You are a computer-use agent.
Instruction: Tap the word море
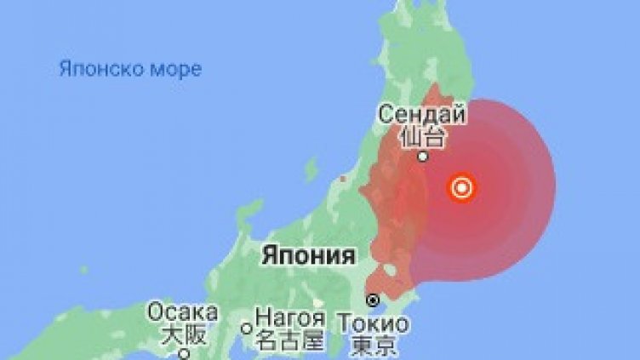pyautogui.click(x=174, y=69)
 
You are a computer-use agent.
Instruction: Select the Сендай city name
pyautogui.click(x=422, y=113)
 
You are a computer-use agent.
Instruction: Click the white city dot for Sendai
pyautogui.click(x=422, y=156)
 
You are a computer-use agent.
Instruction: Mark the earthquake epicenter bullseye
pyautogui.click(x=462, y=188)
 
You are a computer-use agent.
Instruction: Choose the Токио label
pyautogui.click(x=373, y=324)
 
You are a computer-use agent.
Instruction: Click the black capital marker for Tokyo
pyautogui.click(x=373, y=300)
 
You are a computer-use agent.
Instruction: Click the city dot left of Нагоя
pyautogui.click(x=246, y=328)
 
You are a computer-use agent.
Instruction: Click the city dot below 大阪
pyautogui.click(x=182, y=352)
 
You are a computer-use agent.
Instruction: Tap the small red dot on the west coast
pyautogui.click(x=342, y=179)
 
